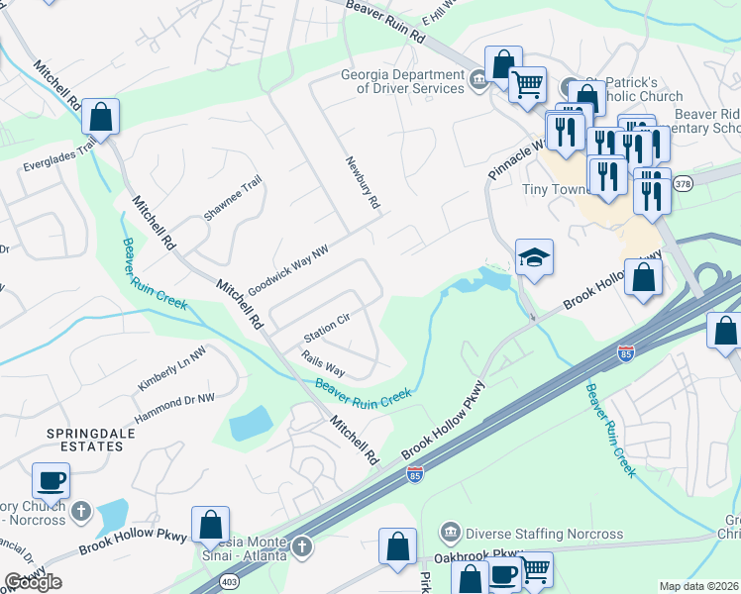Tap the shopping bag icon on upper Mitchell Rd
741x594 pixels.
(101, 117)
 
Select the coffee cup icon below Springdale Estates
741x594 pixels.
(51, 481)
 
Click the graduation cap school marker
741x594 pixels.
(534, 258)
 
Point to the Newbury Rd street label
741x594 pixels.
(363, 182)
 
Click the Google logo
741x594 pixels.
(33, 582)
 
